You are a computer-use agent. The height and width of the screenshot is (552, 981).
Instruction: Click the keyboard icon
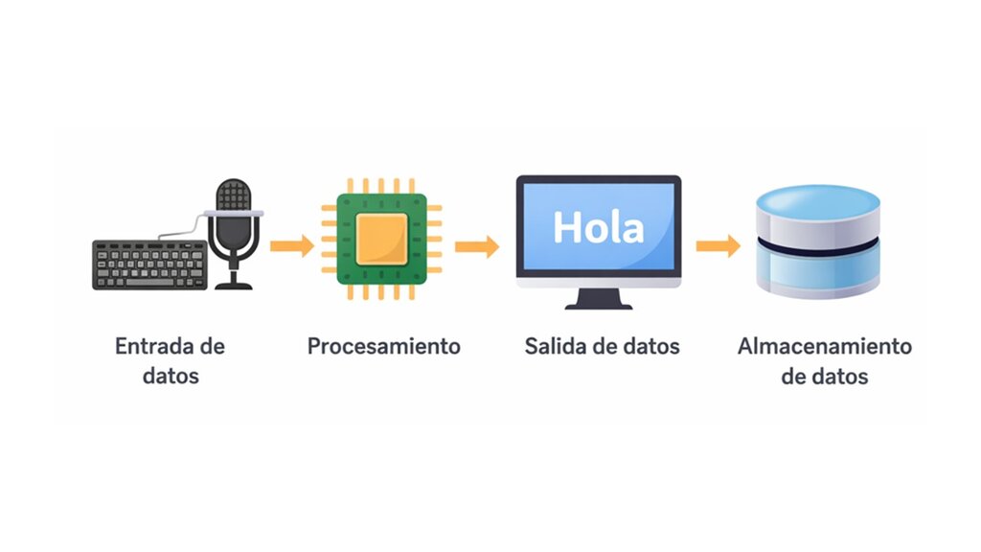click(x=149, y=264)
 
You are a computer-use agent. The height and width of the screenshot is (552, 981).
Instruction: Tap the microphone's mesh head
click(x=234, y=195)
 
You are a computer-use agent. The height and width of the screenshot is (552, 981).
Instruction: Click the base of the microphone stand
click(x=234, y=286)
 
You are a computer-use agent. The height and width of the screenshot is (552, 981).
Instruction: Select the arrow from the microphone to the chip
click(x=291, y=246)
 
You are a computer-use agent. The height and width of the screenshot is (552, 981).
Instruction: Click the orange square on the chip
click(x=381, y=239)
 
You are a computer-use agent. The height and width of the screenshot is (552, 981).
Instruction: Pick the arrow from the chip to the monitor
click(x=477, y=246)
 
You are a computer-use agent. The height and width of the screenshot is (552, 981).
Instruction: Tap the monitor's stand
click(x=599, y=299)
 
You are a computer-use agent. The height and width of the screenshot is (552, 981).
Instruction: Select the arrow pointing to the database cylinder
click(x=719, y=246)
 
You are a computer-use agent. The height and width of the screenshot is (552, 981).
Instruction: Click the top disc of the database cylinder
click(x=818, y=201)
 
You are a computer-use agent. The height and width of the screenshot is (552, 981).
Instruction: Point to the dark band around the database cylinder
click(x=818, y=248)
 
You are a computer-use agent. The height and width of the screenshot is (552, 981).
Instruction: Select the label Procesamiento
click(x=383, y=346)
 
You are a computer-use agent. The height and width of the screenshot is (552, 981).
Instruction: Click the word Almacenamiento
click(x=825, y=346)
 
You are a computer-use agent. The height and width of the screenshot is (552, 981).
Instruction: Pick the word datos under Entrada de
click(x=171, y=376)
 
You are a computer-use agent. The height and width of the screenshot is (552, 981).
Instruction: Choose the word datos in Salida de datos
click(x=650, y=346)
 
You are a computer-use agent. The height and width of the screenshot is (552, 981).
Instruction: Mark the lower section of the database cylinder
click(x=818, y=272)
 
